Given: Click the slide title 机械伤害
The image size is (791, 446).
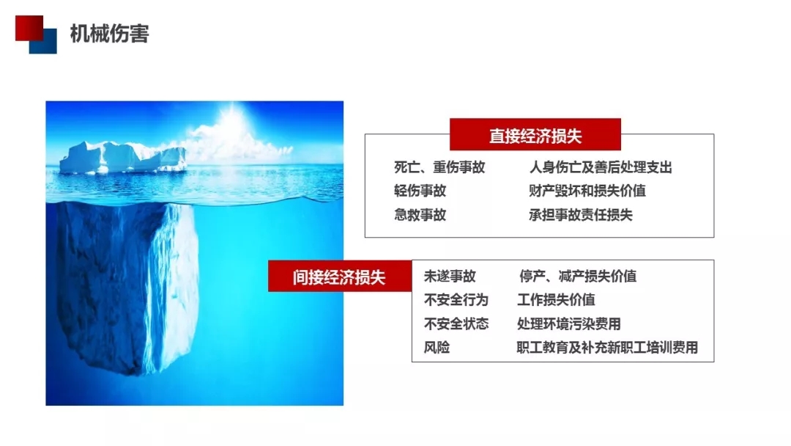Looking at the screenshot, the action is pos(109,34).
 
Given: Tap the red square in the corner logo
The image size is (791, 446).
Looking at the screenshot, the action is pos(29,28).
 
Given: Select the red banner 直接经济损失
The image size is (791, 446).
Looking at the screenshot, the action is pos(535,135).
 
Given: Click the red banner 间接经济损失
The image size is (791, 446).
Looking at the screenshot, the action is pos(340,277).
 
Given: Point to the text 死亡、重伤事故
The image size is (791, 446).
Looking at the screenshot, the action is pos(439,167).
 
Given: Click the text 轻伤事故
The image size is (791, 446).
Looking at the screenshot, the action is pos(420,191).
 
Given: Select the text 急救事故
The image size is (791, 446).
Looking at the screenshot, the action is pos(420,215).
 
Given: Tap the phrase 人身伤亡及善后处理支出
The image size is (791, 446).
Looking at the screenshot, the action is pos(601,167).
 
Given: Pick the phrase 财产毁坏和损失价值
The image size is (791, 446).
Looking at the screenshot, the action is pos(587,191).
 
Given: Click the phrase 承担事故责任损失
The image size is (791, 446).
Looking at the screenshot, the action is pos(581,215).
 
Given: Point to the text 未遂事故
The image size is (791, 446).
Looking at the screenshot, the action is pos(450,277).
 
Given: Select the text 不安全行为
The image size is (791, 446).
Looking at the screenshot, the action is pos(456,300).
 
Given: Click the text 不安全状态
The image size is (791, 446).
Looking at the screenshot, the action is pos(456,323).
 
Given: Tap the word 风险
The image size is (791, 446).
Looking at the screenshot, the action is pos(437,348).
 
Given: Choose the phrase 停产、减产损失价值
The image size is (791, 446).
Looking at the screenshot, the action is pos(578,277).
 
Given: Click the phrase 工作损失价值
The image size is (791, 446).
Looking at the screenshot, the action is pos(556,300).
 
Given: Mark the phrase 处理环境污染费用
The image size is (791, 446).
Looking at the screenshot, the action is pos(569,323).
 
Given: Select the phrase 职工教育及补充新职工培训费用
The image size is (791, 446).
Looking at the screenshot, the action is pos(607,348).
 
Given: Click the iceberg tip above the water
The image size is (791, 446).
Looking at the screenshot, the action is pos(122,157).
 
